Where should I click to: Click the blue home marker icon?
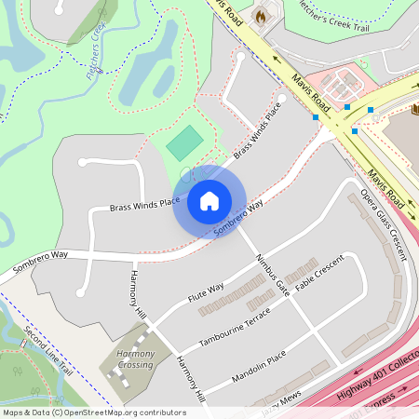click(x=209, y=201)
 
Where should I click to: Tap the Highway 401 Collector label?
click(x=377, y=372)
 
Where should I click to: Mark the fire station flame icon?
click(x=261, y=16)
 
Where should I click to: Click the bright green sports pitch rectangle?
click(x=184, y=142)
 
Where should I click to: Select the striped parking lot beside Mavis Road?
click(x=342, y=85)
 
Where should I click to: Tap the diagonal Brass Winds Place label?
click(x=257, y=136)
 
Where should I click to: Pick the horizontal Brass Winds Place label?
click(x=144, y=203)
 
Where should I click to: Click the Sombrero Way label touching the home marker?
click(x=238, y=217)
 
